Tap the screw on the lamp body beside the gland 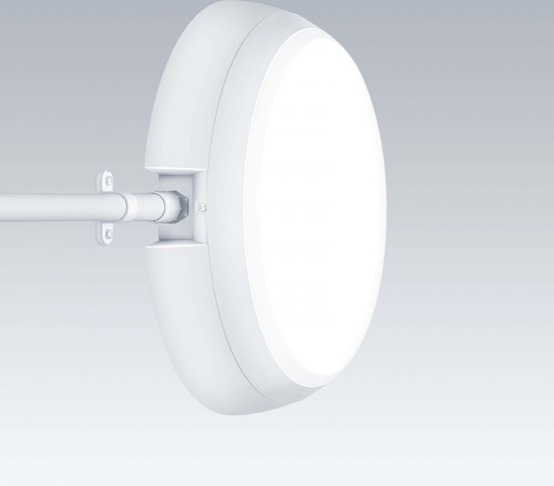click(x=201, y=207)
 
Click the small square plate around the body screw click(x=201, y=207)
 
